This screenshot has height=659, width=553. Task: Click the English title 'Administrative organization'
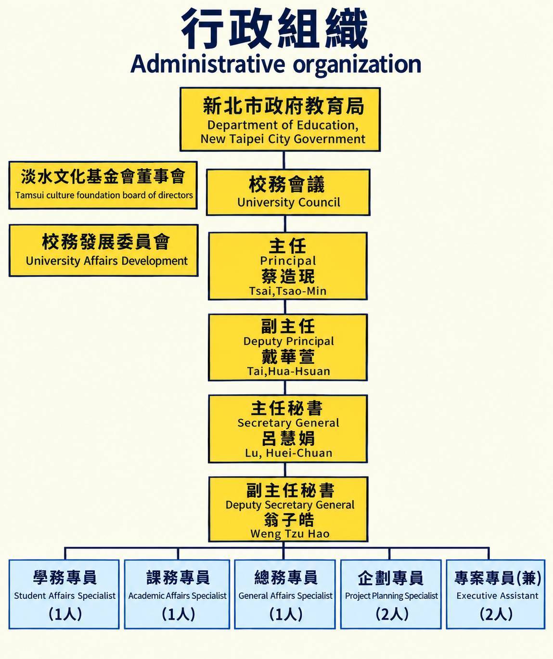(276, 65)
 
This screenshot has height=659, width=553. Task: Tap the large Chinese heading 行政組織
(275, 28)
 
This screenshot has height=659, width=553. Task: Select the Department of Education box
(280, 119)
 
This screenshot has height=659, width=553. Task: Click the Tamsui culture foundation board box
(103, 185)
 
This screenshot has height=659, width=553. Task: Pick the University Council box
(288, 193)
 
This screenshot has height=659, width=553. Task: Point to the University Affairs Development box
(103, 250)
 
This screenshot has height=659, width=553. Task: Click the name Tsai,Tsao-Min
(288, 291)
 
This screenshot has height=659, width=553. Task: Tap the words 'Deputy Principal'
(288, 341)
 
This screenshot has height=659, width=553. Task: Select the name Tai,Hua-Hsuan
(288, 371)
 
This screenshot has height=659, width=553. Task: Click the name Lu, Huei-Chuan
(288, 453)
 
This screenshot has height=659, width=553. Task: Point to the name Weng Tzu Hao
(290, 534)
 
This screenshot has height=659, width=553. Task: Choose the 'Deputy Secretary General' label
(290, 505)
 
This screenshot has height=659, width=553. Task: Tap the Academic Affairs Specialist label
(178, 595)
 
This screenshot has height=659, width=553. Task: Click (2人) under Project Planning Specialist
(392, 614)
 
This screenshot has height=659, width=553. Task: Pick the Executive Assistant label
(497, 595)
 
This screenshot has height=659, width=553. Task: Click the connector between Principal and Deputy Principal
(285, 307)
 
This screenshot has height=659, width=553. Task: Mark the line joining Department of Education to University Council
(284, 160)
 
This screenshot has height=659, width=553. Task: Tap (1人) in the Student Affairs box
(65, 614)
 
